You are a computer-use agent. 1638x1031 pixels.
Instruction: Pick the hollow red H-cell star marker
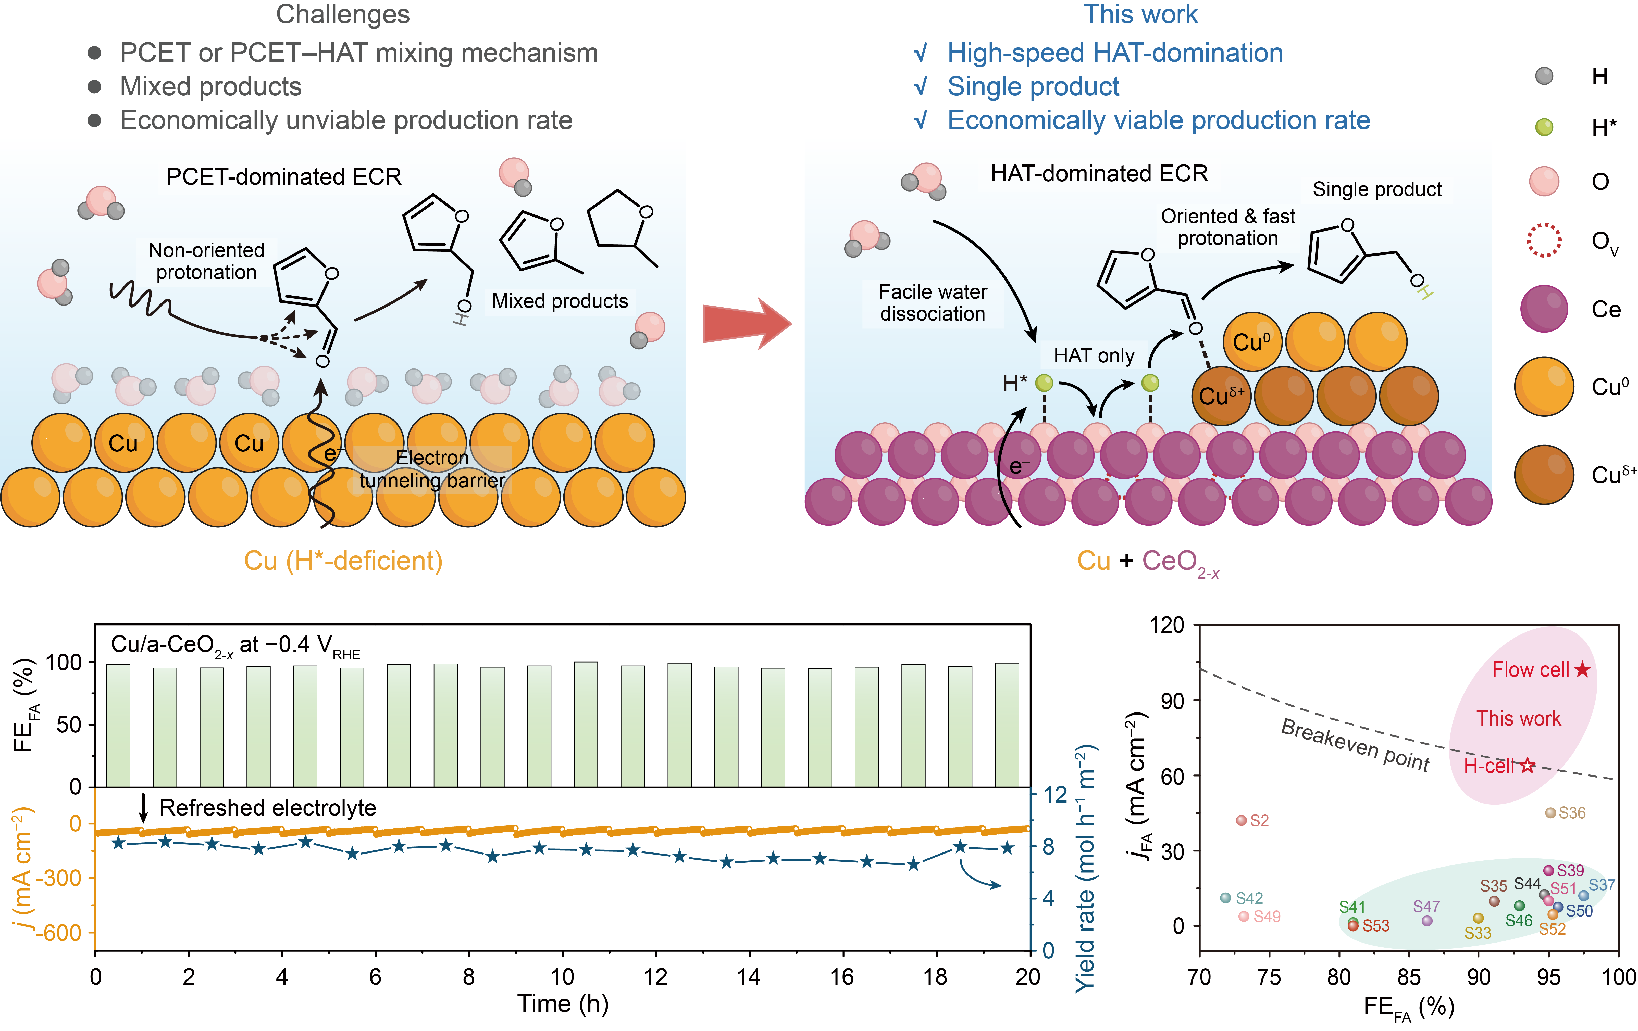[1528, 766]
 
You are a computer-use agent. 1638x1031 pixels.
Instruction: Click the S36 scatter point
[1551, 813]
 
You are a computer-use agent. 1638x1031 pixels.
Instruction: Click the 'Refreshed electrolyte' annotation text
[267, 808]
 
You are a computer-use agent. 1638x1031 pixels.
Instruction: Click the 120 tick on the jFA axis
[1167, 624]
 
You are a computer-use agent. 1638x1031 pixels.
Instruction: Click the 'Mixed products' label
[560, 301]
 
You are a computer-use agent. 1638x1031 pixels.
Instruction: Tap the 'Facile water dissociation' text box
[933, 303]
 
